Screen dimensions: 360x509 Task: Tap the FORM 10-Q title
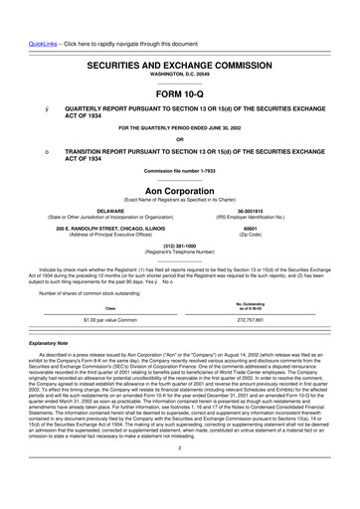click(x=180, y=66)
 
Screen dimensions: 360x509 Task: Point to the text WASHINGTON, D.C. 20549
click(x=180, y=47)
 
